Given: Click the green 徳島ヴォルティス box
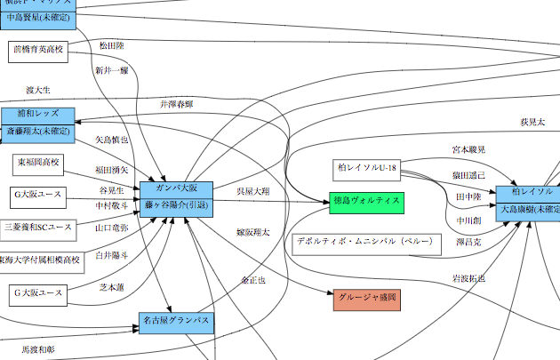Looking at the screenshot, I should click(x=366, y=201).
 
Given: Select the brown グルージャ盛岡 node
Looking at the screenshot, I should click(x=367, y=300).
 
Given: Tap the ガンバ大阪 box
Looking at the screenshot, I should click(x=175, y=189).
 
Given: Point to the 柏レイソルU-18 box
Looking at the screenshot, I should click(x=367, y=168).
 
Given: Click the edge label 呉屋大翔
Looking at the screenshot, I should click(x=252, y=191).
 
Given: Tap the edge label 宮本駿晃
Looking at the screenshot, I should click(x=468, y=150).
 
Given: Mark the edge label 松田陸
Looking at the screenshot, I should click(x=112, y=44).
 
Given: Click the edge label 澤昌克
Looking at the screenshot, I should click(x=468, y=242).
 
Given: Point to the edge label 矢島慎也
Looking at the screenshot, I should click(x=112, y=140).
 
